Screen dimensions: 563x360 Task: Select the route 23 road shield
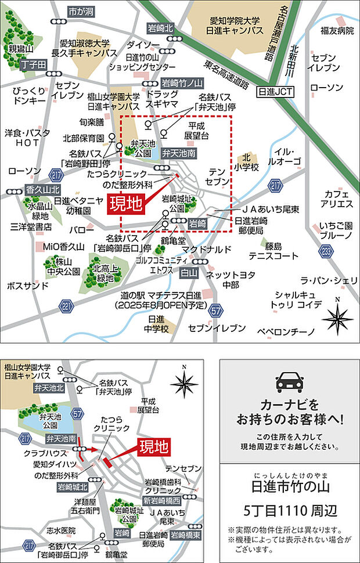pos(326,251)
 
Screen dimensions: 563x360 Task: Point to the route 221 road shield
pos(67,306)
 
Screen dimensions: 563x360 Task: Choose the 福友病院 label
pos(337,30)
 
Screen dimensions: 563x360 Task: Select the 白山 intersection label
pos(189,273)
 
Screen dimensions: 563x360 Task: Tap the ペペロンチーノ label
pos(286,331)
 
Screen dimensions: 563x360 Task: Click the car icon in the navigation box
pos(289,382)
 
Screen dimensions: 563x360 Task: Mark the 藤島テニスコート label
pos(269,250)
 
